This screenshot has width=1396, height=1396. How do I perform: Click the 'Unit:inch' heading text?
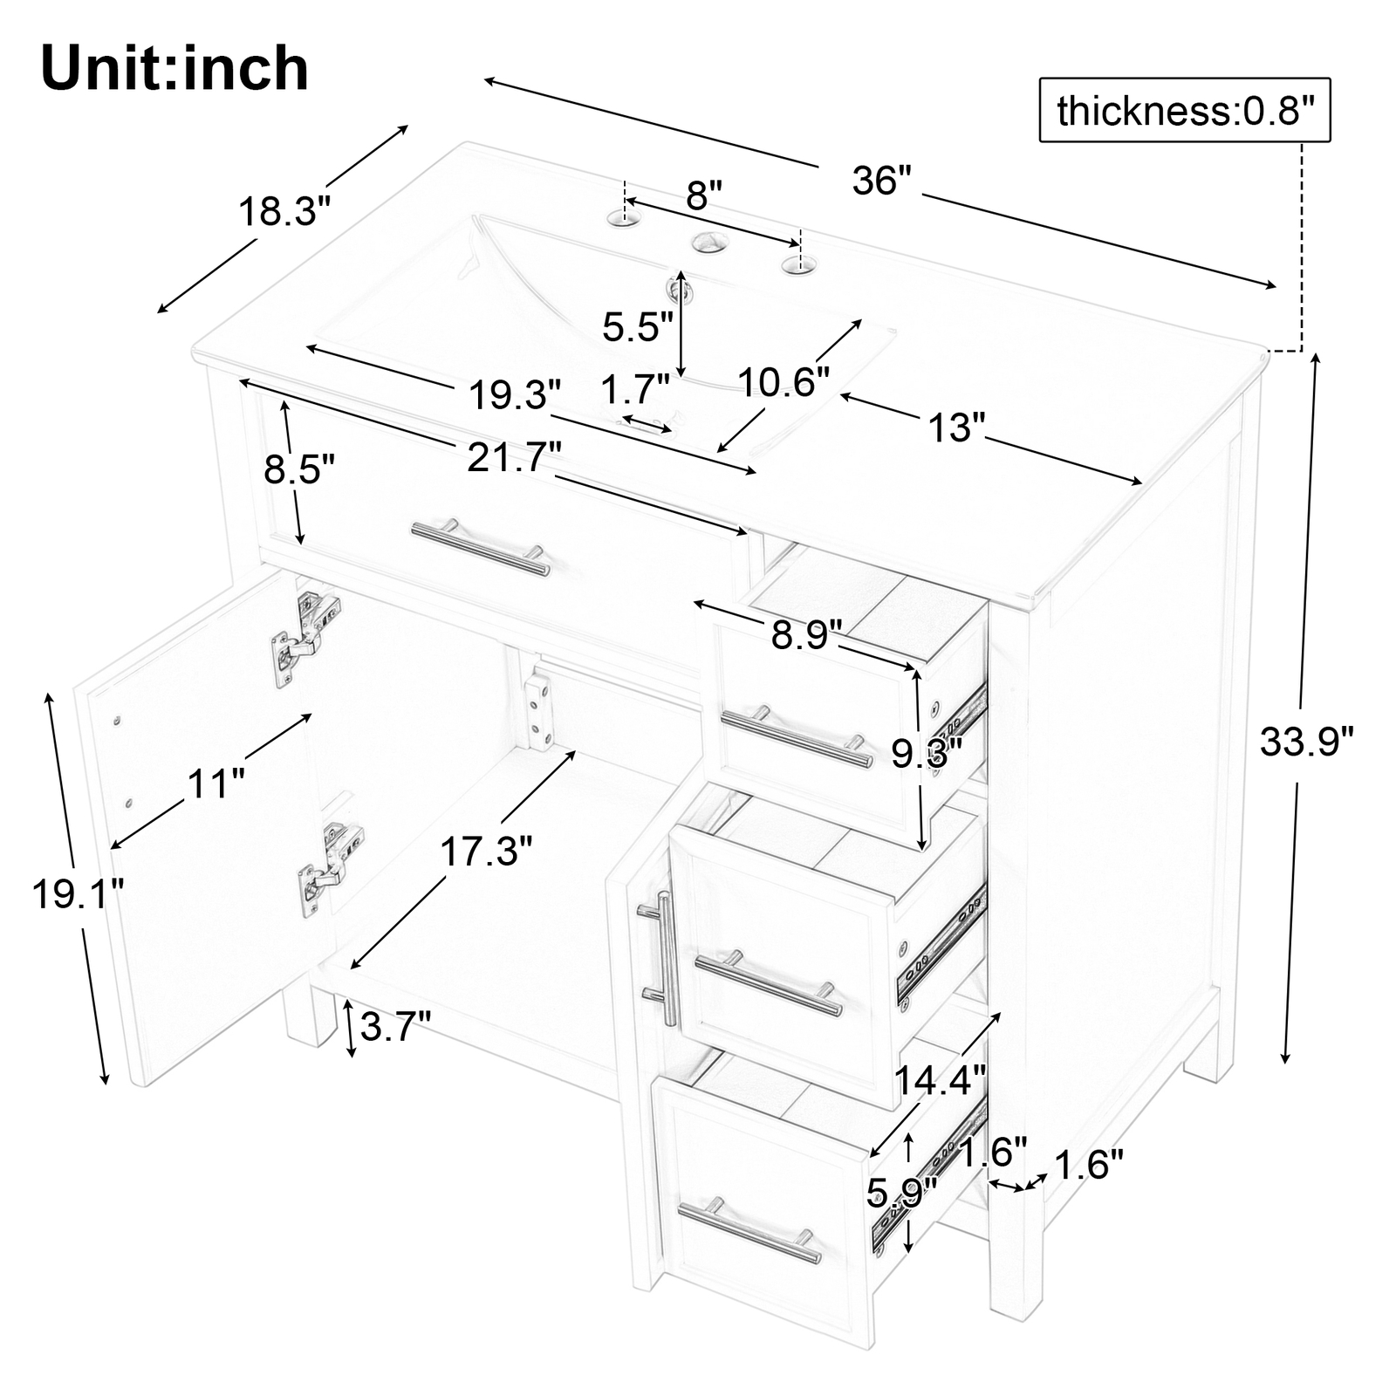click(174, 70)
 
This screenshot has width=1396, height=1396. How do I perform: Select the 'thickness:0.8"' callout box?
click(1184, 111)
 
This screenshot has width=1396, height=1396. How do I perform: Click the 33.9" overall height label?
click(1305, 742)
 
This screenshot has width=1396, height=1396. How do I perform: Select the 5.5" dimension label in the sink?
click(638, 327)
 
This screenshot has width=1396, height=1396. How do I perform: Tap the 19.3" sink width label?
click(515, 395)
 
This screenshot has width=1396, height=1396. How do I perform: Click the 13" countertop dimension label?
click(955, 428)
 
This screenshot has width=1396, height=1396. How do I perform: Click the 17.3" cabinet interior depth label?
click(485, 852)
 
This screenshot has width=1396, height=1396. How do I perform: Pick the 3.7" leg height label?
click(395, 1027)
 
